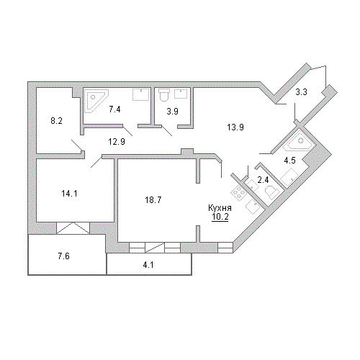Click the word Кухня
click(x=220, y=208)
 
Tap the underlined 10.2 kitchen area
click(x=220, y=217)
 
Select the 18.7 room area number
click(x=153, y=199)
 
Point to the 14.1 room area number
click(x=69, y=194)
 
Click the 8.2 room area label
click(x=56, y=121)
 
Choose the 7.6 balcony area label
click(x=63, y=256)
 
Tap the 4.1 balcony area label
click(x=148, y=265)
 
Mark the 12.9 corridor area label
click(x=117, y=142)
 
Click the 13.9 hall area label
click(x=235, y=127)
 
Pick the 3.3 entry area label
click(x=301, y=92)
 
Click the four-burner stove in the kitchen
click(x=238, y=192)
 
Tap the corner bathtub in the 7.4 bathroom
click(x=95, y=100)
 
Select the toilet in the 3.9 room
click(x=164, y=94)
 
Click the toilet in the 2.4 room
click(x=271, y=192)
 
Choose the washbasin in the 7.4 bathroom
click(x=140, y=95)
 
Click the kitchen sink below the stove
click(x=253, y=207)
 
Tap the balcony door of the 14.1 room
click(x=73, y=228)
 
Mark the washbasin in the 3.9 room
click(x=181, y=94)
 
